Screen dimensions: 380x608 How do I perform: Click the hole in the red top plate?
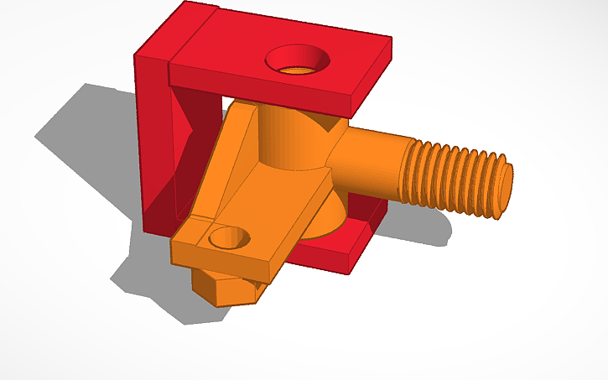pyautogui.click(x=297, y=62)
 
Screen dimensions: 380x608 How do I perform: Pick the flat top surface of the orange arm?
pyautogui.click(x=268, y=201)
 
